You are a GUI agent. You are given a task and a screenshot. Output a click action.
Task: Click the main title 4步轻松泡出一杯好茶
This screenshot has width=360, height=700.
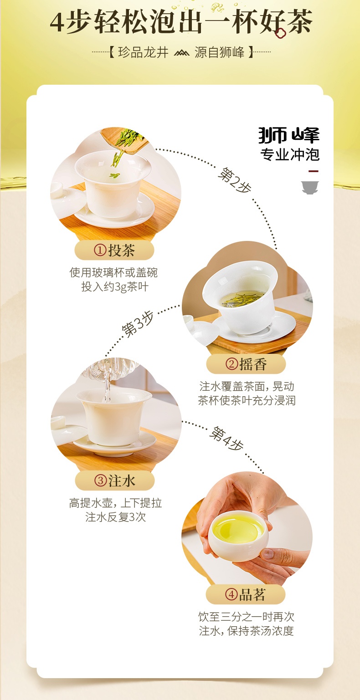point(180,22)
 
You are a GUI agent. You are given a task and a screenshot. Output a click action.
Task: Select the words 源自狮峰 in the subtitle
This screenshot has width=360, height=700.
point(221,52)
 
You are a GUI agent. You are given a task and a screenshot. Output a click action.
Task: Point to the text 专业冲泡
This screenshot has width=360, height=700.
point(290,154)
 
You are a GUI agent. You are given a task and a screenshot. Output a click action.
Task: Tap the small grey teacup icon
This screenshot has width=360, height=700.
point(310,187)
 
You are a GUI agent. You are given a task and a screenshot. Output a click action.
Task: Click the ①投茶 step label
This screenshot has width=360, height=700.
point(114,250)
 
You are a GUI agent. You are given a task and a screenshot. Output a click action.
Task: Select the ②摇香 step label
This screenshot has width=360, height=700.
point(246,364)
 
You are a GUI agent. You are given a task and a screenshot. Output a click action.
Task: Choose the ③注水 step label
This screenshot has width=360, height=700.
point(115,480)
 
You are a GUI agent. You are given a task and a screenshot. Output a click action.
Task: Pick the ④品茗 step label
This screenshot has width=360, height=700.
point(246,594)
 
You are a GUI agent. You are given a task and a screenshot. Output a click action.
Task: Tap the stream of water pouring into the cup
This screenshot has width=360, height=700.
point(107,387)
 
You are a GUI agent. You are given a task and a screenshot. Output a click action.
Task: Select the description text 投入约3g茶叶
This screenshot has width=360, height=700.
point(114,287)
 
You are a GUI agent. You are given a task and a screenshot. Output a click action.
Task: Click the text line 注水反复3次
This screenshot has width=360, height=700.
point(115,517)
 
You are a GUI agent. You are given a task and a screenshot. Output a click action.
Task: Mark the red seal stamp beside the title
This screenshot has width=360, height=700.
point(279,33)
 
